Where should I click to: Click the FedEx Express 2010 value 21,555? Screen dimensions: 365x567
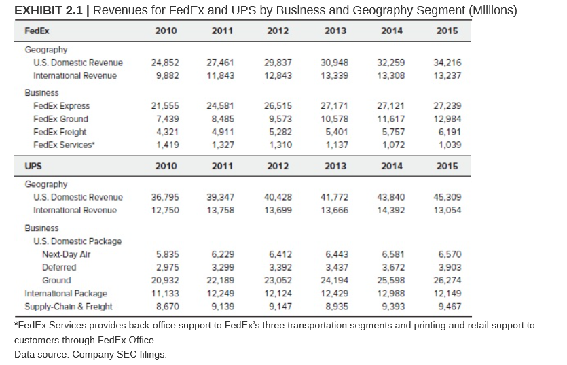166,106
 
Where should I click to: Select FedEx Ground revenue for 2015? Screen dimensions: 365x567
447,119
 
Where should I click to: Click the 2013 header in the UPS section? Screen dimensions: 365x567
335,166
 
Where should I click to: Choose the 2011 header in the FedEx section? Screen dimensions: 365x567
222,31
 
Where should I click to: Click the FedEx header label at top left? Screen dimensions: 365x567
37,31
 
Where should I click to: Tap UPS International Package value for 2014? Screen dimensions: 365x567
391,294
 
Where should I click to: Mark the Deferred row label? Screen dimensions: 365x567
59,267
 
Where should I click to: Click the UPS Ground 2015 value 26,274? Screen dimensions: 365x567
447,280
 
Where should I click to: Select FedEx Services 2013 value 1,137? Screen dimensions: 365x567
335,145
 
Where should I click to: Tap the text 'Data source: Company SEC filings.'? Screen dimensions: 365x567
90,354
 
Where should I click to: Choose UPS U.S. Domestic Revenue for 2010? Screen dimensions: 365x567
166,197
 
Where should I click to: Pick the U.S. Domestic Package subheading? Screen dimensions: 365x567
77,241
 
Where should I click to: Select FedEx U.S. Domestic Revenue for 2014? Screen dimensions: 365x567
391,63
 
